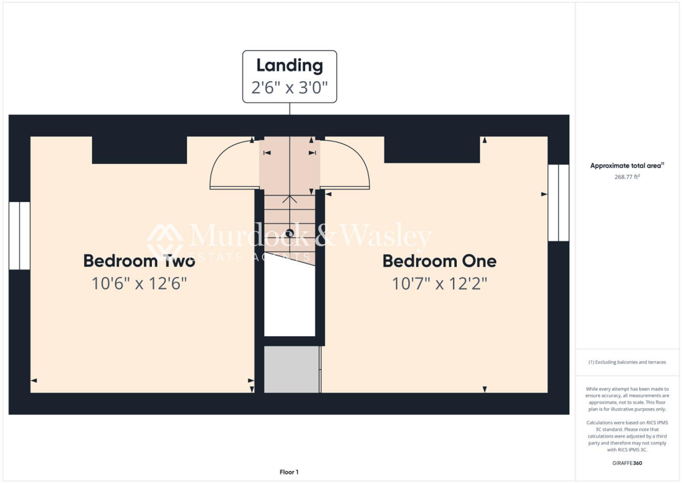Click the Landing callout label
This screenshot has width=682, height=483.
[x=289, y=65]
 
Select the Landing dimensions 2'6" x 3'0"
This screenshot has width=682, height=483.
[x=289, y=87]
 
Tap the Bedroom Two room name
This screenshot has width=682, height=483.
[x=139, y=261]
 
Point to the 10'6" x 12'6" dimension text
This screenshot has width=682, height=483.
[x=139, y=284]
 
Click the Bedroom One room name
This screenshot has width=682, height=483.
[x=440, y=261]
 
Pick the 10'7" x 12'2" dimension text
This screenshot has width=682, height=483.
[x=440, y=284]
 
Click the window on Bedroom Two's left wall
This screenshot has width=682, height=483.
[x=19, y=235]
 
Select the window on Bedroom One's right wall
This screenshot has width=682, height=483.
[x=558, y=202]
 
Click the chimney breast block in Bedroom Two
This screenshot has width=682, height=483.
[x=139, y=150]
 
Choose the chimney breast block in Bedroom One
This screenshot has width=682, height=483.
[x=432, y=149]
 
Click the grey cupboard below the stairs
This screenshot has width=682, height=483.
[x=292, y=369]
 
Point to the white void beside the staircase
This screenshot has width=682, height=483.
[x=289, y=300]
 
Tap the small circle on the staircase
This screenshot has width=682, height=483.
[x=290, y=233]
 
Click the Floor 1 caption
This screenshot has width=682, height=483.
[x=289, y=472]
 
